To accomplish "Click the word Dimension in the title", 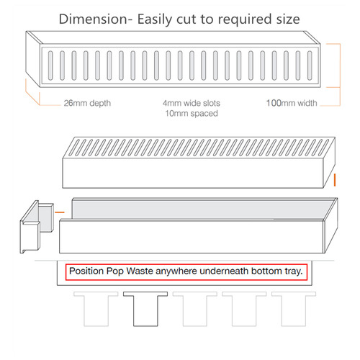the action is click(x=93, y=19).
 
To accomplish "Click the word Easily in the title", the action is click(x=155, y=19).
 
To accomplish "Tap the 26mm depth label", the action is click(x=87, y=103).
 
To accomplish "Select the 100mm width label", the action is click(x=292, y=103).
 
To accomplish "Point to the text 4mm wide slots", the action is click(x=192, y=103).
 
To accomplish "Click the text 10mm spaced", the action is click(x=192, y=113).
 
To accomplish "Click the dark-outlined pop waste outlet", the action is click(x=145, y=309).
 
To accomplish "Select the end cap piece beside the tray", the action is click(x=37, y=227).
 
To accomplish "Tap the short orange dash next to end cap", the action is click(x=60, y=212).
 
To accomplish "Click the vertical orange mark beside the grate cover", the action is click(x=335, y=180).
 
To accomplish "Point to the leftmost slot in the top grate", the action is click(x=50, y=66).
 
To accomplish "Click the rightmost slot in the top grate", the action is click(x=310, y=66).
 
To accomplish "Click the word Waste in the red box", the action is click(x=140, y=271).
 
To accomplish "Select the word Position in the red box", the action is click(x=86, y=271).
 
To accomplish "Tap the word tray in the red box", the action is click(x=294, y=271).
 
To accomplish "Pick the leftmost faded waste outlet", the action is click(x=96, y=309).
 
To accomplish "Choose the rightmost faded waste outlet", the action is click(x=294, y=309).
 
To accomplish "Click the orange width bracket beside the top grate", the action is click(x=340, y=75).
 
